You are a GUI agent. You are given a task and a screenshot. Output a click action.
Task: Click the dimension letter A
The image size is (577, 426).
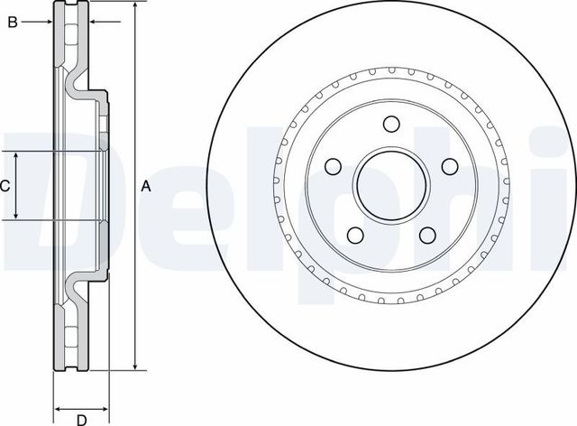(x=144, y=187)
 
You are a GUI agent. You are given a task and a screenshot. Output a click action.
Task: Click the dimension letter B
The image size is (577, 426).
(x=14, y=22)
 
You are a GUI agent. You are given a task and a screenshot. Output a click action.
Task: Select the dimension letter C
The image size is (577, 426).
(x=5, y=187)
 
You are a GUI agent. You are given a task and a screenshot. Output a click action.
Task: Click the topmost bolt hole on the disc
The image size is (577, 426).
(x=391, y=125)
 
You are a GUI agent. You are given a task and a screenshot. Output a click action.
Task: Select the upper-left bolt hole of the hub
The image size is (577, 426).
(x=333, y=166)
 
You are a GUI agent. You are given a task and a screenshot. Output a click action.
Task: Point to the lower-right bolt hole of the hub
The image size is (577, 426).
(x=427, y=236)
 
